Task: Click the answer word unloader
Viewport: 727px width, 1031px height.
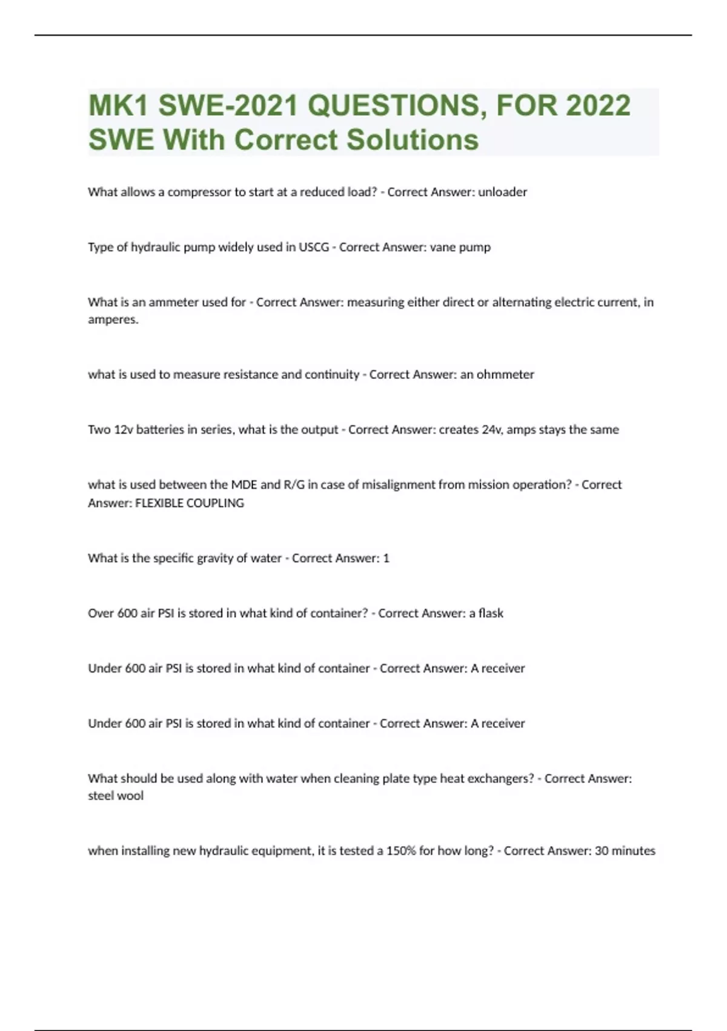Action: coord(502,192)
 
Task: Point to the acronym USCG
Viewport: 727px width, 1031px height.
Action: coord(314,247)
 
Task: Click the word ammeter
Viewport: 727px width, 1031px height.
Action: coord(173,302)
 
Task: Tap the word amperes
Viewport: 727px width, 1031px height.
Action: coord(113,320)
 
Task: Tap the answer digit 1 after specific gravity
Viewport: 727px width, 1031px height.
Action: coord(386,558)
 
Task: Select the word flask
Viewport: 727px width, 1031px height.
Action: coord(491,613)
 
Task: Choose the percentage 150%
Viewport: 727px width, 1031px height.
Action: coord(400,851)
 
